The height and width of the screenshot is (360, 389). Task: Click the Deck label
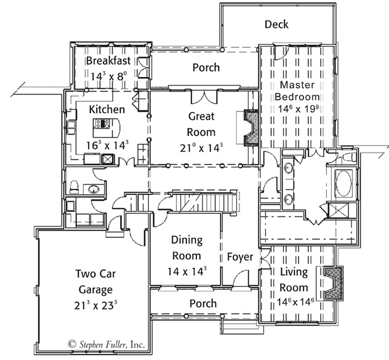click(276, 25)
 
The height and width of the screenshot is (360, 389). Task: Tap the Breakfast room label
click(108, 60)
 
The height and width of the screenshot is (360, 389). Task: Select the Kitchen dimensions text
click(107, 145)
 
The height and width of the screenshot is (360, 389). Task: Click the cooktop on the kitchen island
click(102, 123)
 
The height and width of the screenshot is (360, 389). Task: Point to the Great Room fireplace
click(252, 127)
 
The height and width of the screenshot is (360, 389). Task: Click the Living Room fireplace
click(334, 283)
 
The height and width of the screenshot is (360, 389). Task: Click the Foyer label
click(240, 257)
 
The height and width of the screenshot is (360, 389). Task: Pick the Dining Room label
click(186, 247)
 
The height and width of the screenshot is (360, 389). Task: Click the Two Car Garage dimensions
click(95, 305)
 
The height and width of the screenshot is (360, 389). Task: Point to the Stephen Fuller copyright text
click(106, 344)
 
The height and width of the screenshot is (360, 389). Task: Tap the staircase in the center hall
click(204, 201)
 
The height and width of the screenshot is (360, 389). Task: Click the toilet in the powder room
click(74, 186)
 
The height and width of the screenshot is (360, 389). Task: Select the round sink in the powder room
click(94, 190)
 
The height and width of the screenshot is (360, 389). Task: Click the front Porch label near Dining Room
click(203, 303)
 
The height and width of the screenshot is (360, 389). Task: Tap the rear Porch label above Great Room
click(206, 68)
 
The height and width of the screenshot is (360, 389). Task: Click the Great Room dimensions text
click(201, 148)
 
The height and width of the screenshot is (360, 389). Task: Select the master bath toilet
click(349, 156)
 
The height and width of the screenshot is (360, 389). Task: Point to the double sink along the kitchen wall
click(71, 127)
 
